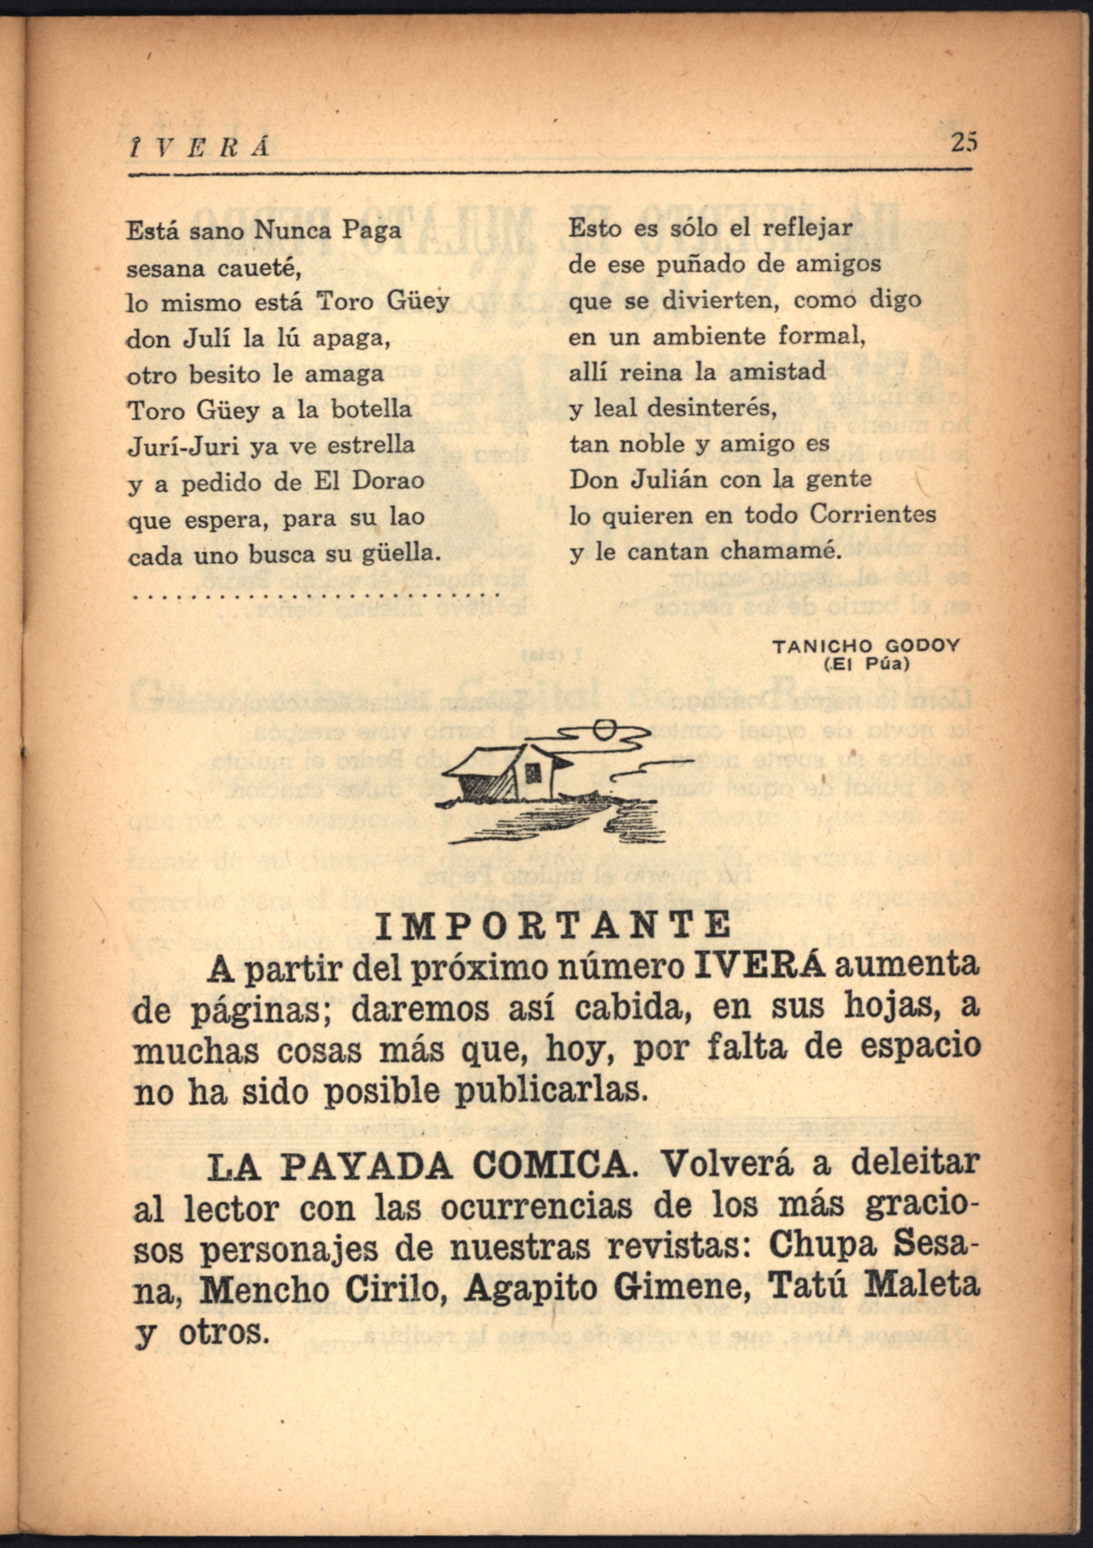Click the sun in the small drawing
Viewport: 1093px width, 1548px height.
click(x=604, y=728)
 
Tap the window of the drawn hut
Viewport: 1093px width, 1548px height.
click(x=532, y=773)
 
